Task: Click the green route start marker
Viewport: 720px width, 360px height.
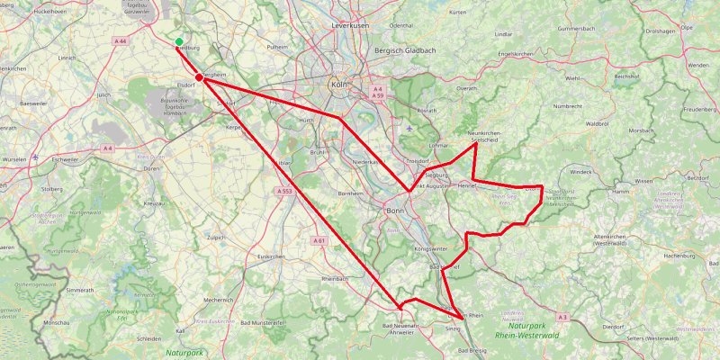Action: (x=179, y=42)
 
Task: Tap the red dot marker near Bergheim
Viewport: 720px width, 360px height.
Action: (x=199, y=79)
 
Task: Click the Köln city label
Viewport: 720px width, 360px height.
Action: (x=339, y=85)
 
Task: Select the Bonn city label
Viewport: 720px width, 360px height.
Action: (x=394, y=211)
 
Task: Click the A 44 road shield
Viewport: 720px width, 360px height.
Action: (x=121, y=41)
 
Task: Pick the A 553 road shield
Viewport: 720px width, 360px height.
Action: (x=285, y=191)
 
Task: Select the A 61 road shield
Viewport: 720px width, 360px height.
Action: (x=319, y=240)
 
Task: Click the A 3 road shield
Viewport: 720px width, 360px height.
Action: (x=562, y=317)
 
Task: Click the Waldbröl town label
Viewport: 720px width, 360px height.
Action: (x=598, y=123)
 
